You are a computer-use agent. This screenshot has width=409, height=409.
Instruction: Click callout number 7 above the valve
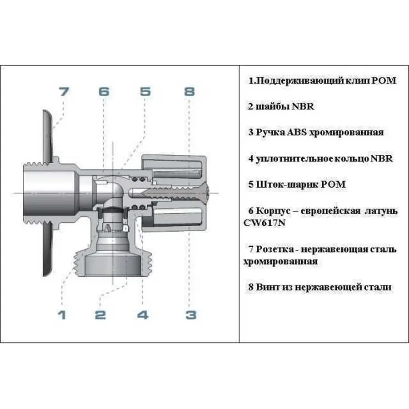(x=63, y=92)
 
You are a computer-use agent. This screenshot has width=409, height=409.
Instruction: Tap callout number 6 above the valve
(x=104, y=92)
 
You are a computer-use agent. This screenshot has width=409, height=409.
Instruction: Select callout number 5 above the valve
(x=145, y=92)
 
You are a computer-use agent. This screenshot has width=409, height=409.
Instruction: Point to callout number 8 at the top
(x=189, y=92)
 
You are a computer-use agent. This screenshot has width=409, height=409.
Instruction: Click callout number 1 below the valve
(x=62, y=314)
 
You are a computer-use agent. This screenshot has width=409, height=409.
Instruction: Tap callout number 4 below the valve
(x=143, y=314)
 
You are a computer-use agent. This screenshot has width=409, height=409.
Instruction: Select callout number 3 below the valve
(x=191, y=314)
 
